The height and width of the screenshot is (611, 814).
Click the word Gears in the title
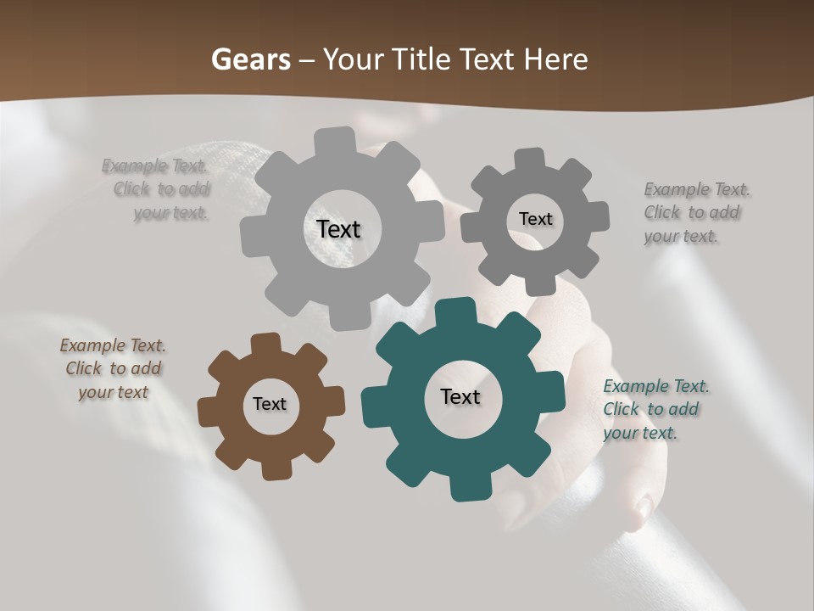pyautogui.click(x=250, y=59)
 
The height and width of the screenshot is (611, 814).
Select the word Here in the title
pyautogui.click(x=555, y=59)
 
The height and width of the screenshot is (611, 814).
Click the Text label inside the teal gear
pyautogui.click(x=460, y=396)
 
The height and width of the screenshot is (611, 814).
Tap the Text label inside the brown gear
pyautogui.click(x=270, y=404)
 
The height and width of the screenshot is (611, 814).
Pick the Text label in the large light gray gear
pyautogui.click(x=338, y=229)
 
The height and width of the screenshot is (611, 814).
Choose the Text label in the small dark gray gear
pyautogui.click(x=535, y=219)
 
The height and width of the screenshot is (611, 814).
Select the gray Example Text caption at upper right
pyautogui.click(x=695, y=212)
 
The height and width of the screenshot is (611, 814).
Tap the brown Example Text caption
pyautogui.click(x=113, y=368)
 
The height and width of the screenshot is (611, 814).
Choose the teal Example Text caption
pyautogui.click(x=655, y=409)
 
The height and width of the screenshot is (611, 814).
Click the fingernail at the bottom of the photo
pyautogui.click(x=644, y=507)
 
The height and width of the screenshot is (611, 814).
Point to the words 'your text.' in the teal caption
pyautogui.click(x=640, y=433)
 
